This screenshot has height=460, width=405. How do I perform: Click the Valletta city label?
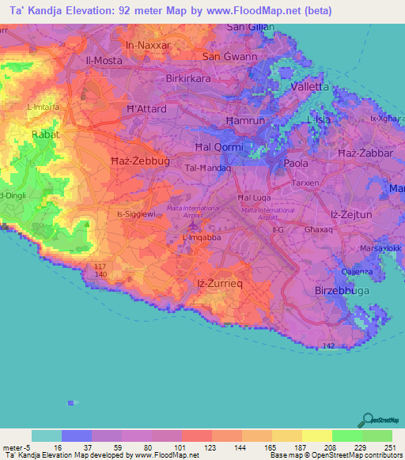pyautogui.click(x=311, y=86)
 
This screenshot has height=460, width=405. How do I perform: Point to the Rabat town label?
pyautogui.click(x=45, y=135)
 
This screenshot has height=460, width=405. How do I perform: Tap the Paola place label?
pyautogui.click(x=296, y=164)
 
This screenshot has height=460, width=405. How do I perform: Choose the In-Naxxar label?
pyautogui.click(x=143, y=45)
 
